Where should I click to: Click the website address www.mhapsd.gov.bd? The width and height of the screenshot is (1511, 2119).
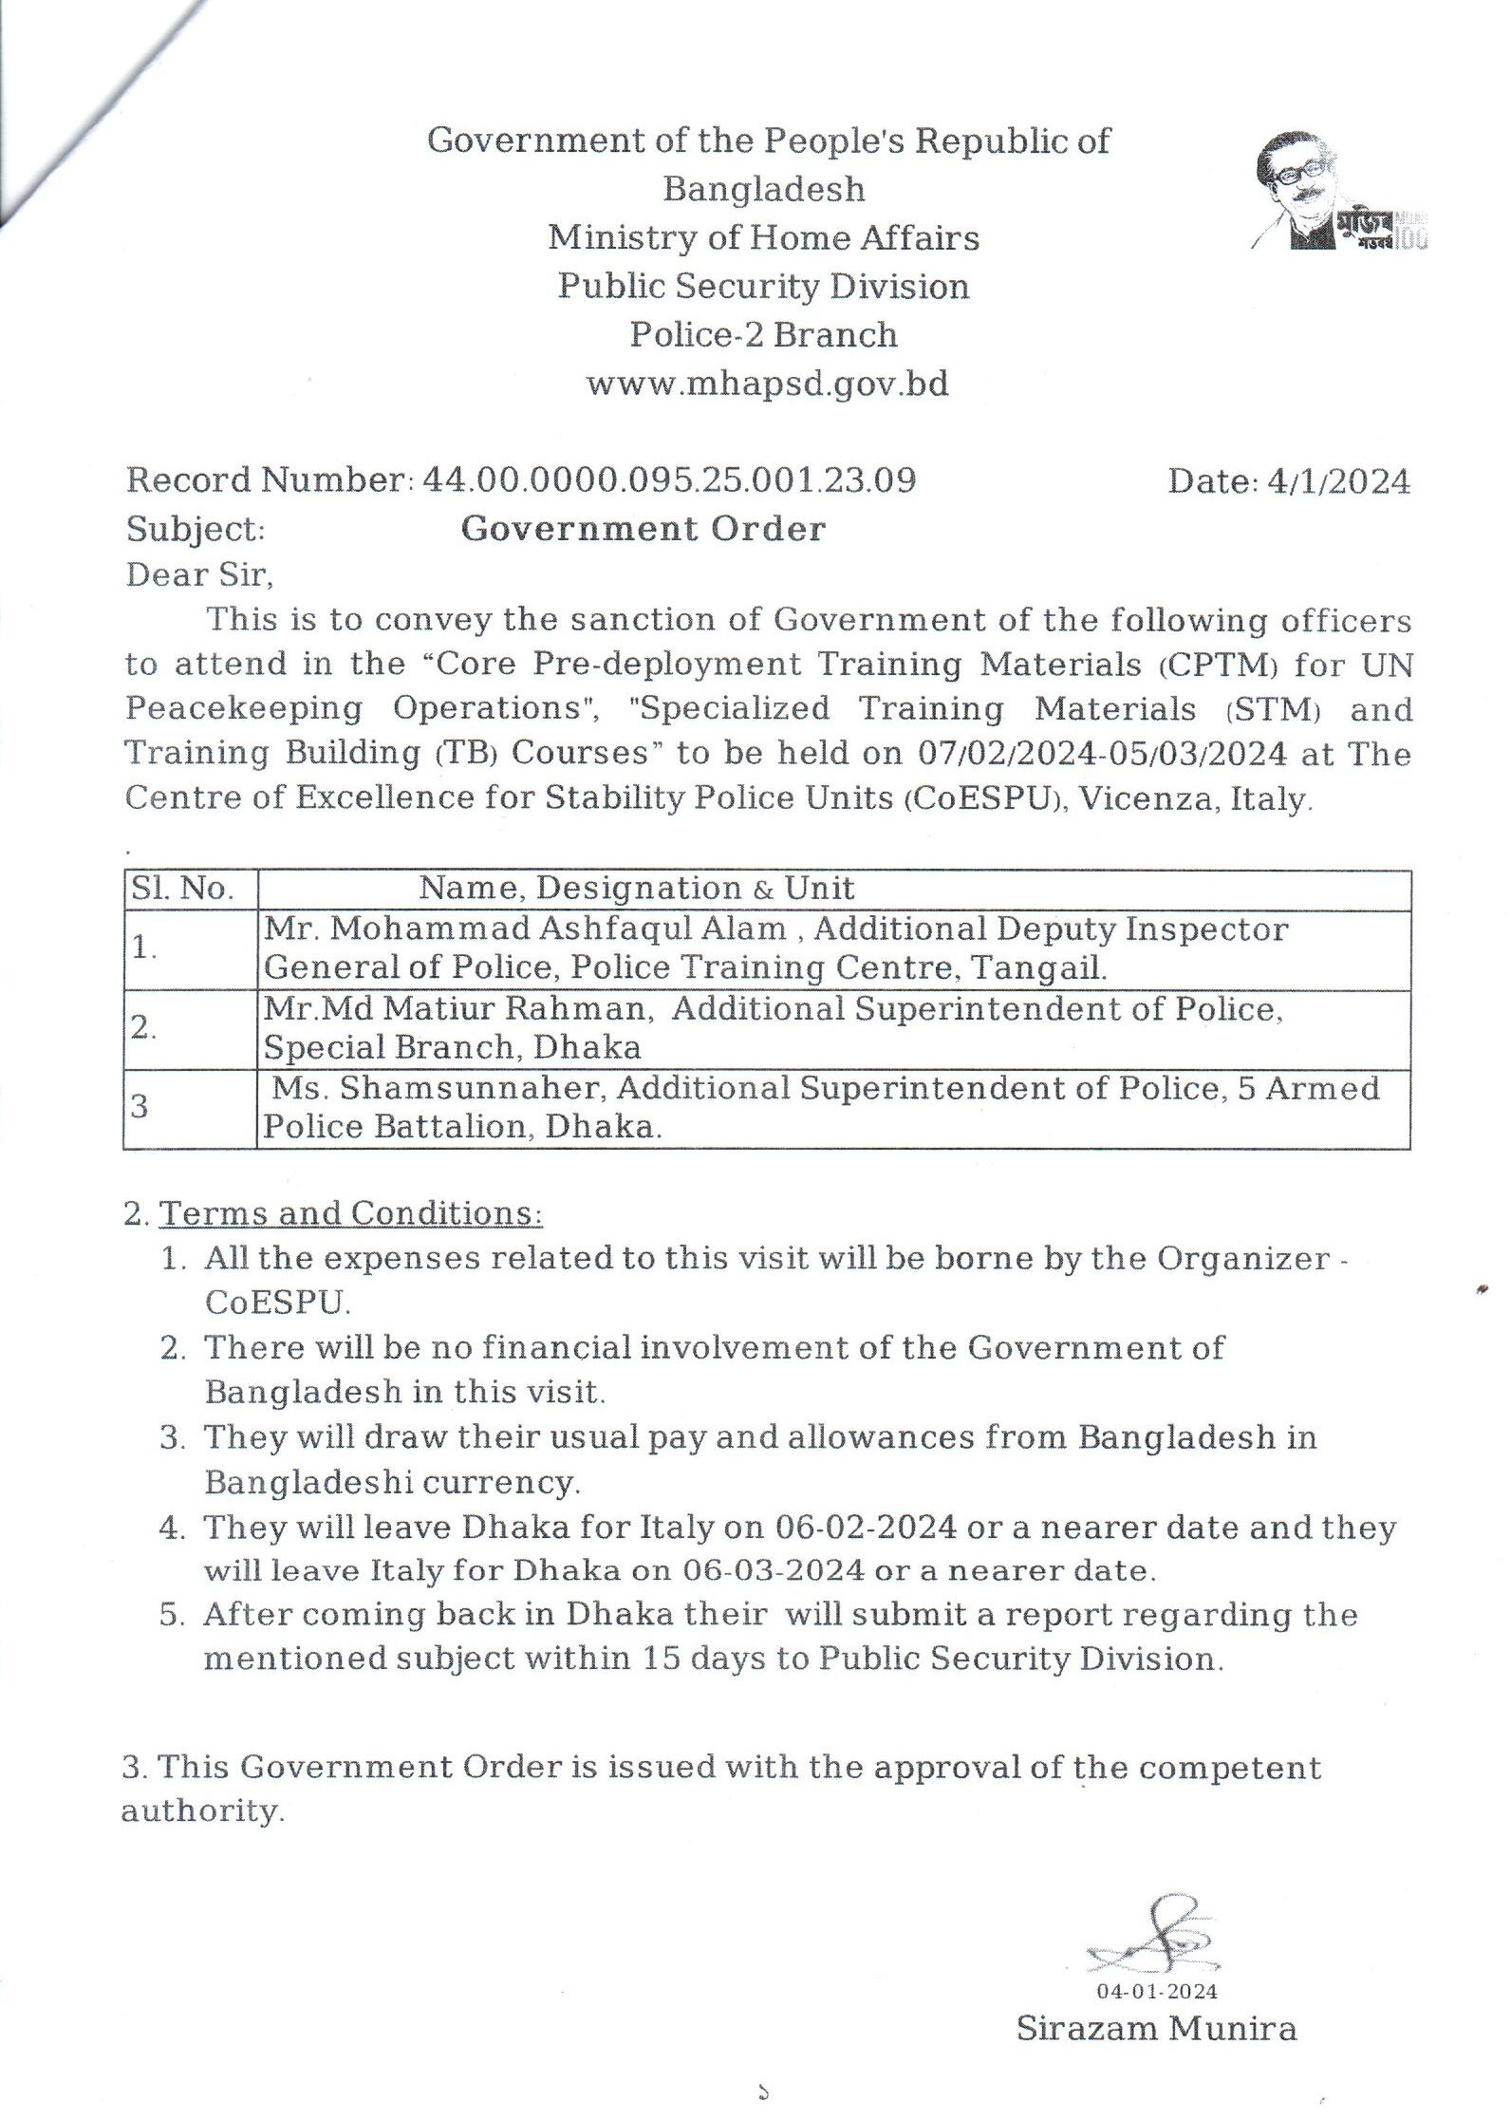767,384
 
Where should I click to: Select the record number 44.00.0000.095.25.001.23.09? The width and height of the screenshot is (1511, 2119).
669,480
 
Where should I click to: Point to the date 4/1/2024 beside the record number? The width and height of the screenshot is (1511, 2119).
1338,482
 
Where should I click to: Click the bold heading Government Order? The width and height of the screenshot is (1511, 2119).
643,529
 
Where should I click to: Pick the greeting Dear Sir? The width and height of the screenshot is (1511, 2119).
199,574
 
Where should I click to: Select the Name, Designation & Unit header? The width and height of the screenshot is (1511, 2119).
637,889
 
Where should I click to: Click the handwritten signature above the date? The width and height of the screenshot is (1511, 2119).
1153,1937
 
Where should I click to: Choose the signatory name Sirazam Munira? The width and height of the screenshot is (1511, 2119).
1156,2028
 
